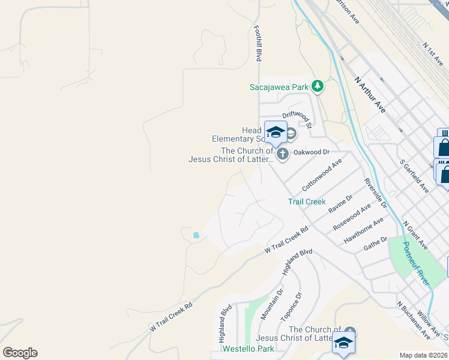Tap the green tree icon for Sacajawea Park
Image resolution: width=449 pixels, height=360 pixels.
point(318,87)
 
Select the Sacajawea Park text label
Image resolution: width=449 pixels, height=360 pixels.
point(279,87)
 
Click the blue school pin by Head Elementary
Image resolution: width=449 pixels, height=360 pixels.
point(276,133)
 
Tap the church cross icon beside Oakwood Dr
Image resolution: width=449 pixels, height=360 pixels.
point(282,154)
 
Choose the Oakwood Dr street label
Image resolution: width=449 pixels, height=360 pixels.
point(312,152)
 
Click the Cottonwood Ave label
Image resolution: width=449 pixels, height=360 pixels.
point(322,175)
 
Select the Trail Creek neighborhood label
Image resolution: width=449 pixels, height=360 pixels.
point(307,202)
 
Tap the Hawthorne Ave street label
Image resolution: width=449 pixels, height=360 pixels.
point(364,230)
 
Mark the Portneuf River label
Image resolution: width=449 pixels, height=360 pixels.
point(415,263)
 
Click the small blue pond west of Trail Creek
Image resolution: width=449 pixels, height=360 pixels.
point(196,235)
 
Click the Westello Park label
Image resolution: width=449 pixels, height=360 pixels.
point(249,349)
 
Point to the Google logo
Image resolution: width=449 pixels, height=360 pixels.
point(20,353)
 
